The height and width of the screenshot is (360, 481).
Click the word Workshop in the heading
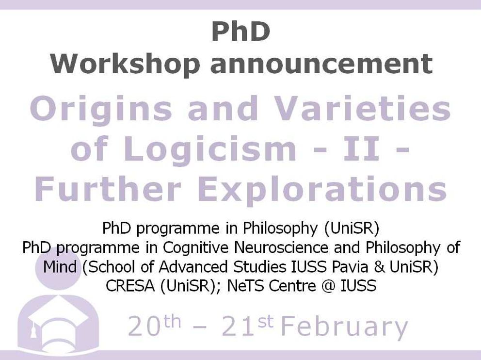tap(126, 64)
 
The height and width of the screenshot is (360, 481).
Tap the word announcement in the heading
tap(321, 65)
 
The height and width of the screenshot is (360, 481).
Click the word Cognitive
tap(196, 248)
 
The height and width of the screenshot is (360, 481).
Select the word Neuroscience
tap(281, 247)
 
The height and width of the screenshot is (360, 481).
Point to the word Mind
tap(60, 266)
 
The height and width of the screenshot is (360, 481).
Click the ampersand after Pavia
tap(379, 267)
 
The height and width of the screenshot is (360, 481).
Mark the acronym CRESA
tap(130, 286)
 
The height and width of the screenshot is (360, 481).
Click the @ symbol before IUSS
tap(328, 286)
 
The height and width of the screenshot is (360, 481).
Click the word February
tap(344, 327)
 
